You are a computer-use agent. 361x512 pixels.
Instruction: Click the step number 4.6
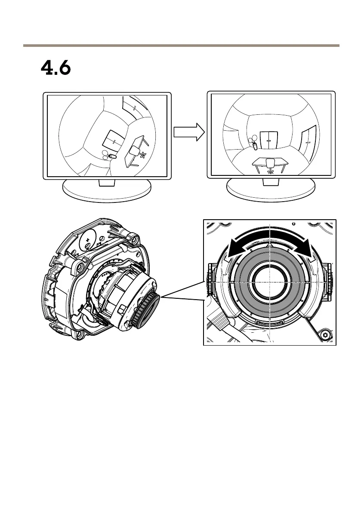click(56, 68)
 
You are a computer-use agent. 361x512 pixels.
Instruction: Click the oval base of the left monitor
click(107, 189)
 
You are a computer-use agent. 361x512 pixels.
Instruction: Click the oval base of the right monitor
click(271, 189)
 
